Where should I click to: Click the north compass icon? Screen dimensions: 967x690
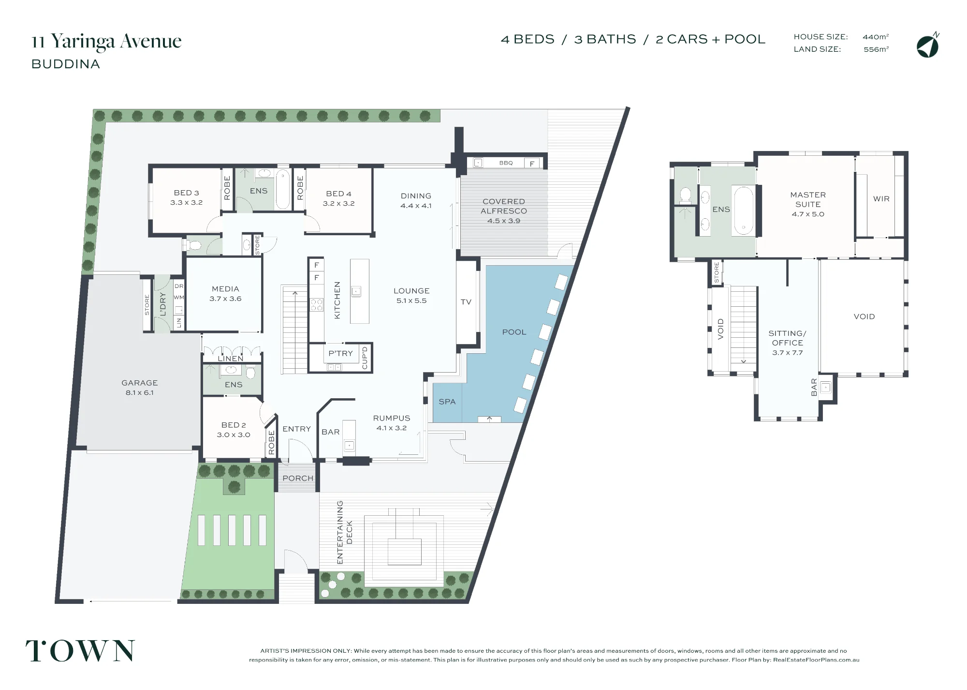pos(927,46)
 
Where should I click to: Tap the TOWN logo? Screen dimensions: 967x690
pos(80,651)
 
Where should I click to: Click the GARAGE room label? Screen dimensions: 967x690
pos(140,383)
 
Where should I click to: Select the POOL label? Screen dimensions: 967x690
pos(514,332)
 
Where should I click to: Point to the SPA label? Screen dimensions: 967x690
pos(447,402)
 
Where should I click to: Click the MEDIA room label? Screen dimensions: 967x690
pos(225,289)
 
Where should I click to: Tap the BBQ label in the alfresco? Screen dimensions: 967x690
pos(506,163)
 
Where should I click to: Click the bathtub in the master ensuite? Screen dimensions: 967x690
pos(743,210)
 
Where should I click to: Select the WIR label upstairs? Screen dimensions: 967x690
pos(881,199)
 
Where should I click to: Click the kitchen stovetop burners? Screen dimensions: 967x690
pos(317,305)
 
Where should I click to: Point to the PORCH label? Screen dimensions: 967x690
pos(298,478)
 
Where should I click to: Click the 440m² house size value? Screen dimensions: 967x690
pos(876,37)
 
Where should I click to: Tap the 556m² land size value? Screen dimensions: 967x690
pos(876,49)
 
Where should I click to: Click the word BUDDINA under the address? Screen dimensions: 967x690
pos(66,64)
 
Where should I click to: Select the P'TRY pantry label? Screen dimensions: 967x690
pos(341,353)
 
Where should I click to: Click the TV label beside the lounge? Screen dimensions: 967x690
pos(466,302)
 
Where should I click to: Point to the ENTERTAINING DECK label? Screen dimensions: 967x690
pos(344,532)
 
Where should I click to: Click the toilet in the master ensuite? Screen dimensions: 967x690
pos(685,195)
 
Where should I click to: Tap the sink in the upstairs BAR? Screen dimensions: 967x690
pos(826,387)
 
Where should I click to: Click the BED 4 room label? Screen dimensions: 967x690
pos(338,194)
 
